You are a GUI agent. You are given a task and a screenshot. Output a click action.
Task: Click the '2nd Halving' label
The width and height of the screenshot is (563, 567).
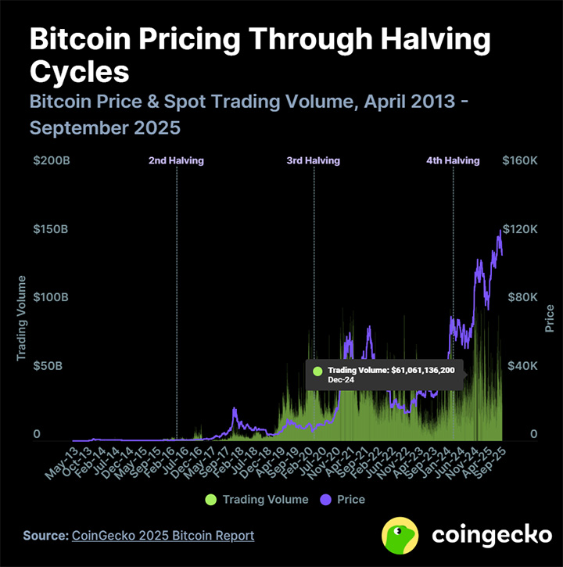176,160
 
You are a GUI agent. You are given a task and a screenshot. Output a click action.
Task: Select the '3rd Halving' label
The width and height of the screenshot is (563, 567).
314,160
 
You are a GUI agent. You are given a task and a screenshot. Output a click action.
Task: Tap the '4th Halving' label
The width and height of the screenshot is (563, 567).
453,160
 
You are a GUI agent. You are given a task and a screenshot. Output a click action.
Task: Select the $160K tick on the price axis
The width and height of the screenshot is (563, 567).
520,160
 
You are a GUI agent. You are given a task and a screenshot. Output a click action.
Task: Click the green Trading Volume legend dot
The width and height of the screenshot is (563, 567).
211,499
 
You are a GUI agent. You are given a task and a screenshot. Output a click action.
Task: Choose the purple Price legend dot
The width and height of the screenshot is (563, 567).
326,499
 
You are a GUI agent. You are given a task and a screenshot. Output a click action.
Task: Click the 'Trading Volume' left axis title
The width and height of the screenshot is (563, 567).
22,318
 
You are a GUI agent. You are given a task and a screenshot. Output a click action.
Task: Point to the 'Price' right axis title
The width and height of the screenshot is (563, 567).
550,318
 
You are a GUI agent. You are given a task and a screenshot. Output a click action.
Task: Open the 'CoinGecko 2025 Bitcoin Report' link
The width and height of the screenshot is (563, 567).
163,536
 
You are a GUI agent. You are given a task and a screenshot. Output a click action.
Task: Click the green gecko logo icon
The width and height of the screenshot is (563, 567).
400,536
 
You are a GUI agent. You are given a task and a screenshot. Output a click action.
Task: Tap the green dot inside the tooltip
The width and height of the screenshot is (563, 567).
317,371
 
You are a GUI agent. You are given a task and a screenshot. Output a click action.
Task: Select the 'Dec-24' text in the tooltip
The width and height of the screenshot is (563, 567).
340,379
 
